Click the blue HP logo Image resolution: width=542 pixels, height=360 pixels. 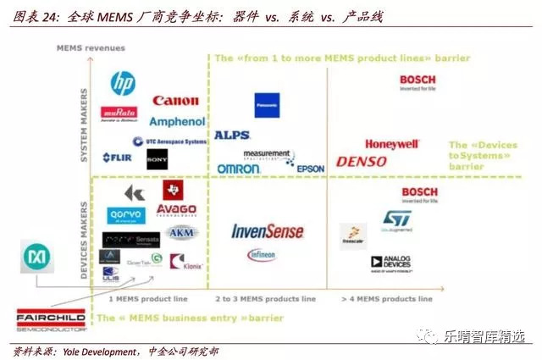coord(123,83)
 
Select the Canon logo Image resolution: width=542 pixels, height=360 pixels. coord(175,102)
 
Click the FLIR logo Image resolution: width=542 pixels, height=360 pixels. coord(117,158)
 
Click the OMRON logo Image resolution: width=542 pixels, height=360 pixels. coord(238,169)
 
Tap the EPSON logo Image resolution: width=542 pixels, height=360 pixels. coord(310,169)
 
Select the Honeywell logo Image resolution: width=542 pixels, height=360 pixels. coord(392,144)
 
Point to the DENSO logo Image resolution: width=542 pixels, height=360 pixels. coord(362,161)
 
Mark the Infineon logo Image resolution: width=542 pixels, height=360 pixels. coord(262,254)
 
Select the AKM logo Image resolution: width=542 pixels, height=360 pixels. coord(181,233)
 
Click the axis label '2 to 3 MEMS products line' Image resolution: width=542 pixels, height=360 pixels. coord(266,299)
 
